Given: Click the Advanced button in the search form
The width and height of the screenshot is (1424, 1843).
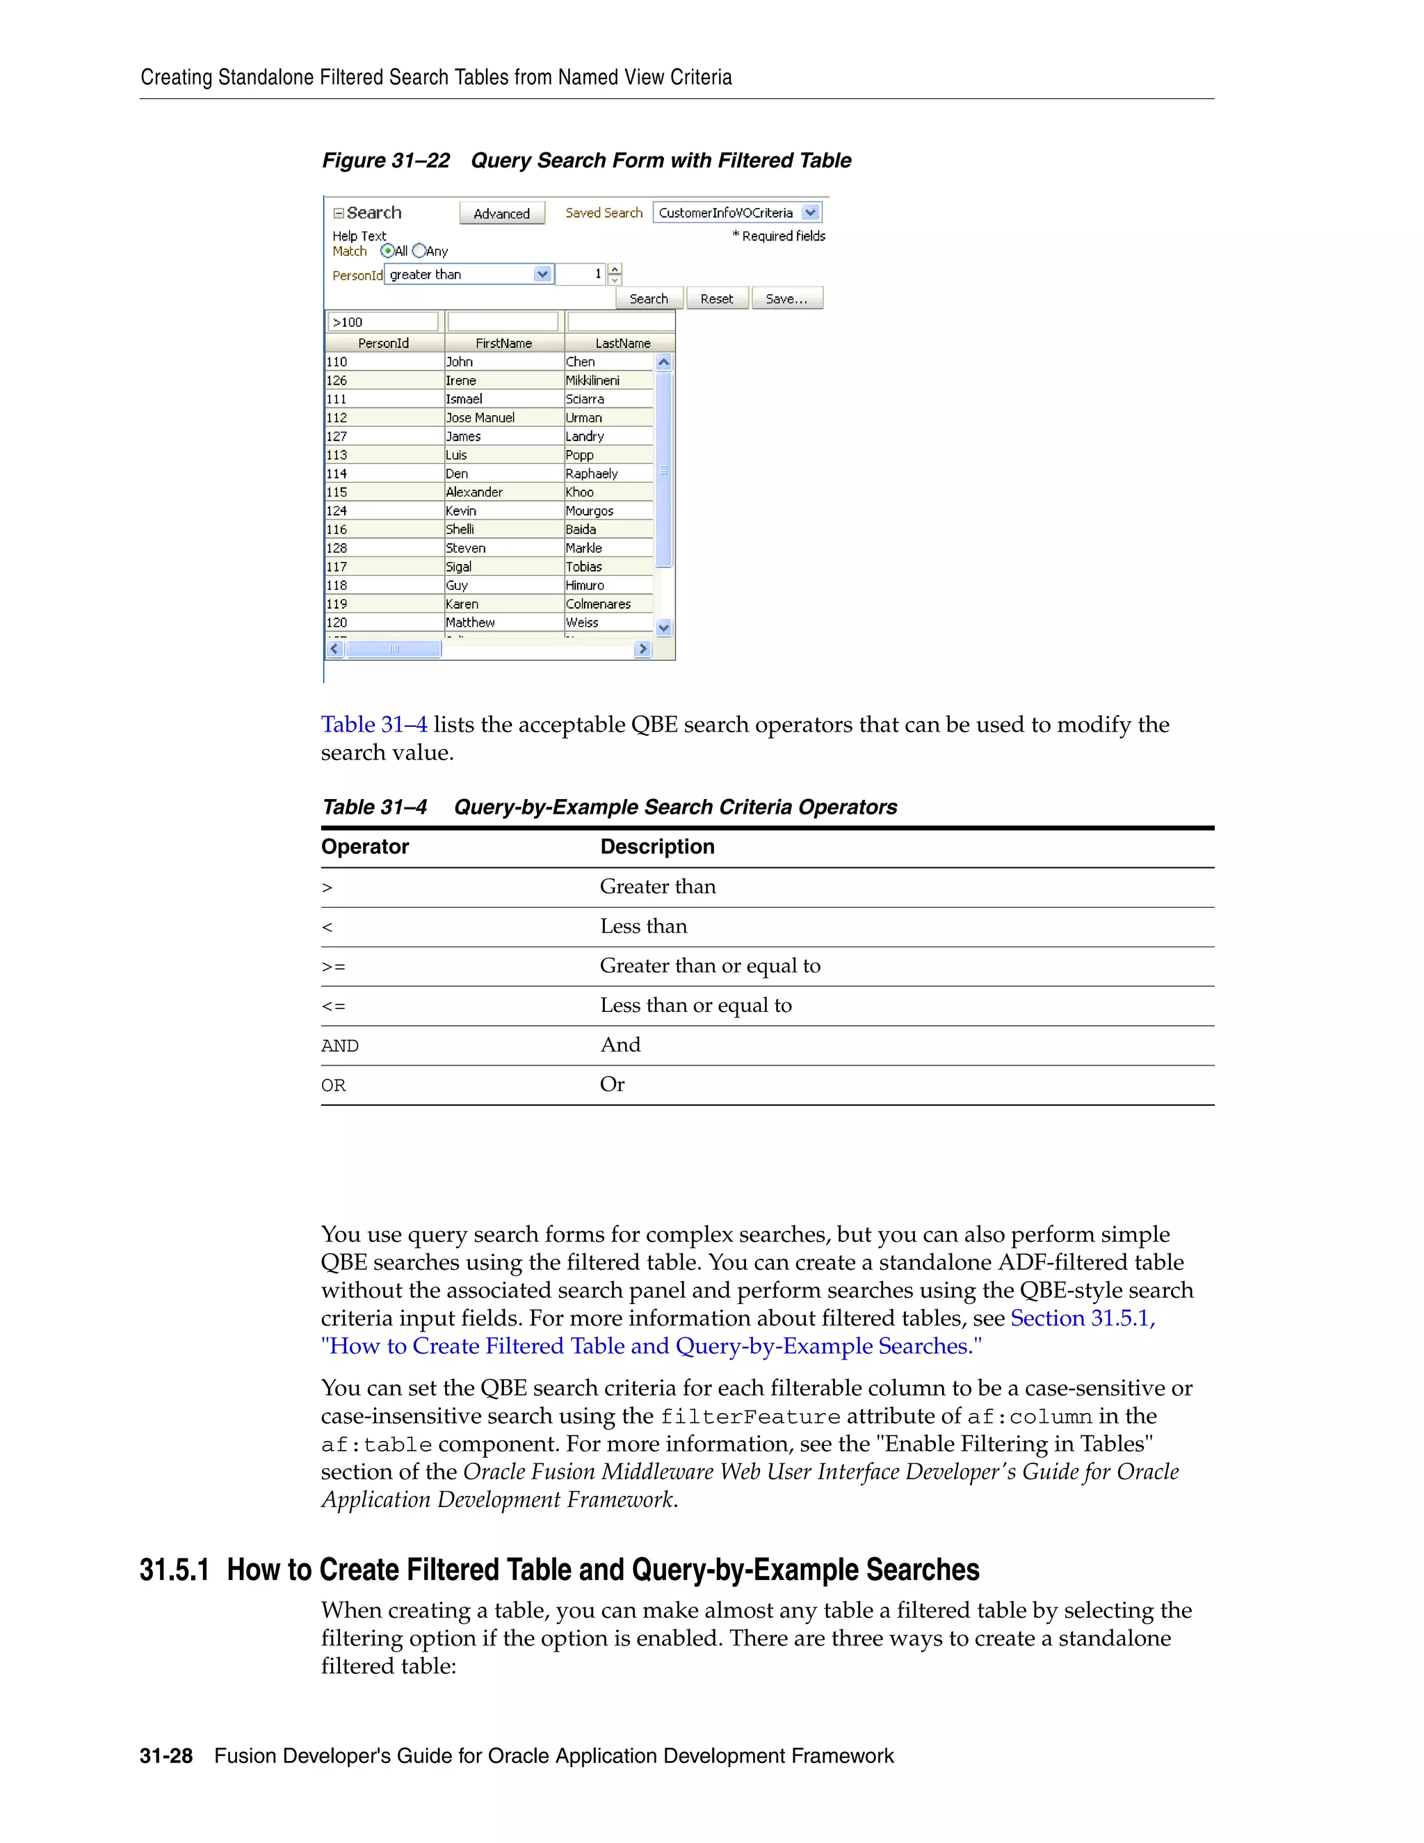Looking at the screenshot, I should (502, 214).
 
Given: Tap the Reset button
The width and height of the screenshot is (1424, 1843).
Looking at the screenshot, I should (716, 299).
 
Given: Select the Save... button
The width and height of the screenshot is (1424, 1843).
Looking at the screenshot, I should (786, 299).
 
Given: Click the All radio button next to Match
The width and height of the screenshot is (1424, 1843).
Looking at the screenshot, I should (387, 250).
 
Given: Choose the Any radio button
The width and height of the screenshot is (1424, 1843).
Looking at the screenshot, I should (419, 250).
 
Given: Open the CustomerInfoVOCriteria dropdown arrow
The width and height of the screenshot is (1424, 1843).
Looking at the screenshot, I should (810, 213).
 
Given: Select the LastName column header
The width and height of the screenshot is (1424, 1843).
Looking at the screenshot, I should (622, 344).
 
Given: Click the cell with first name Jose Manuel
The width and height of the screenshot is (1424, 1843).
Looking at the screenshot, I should (480, 418).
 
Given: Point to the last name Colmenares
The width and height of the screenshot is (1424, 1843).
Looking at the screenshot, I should (598, 604).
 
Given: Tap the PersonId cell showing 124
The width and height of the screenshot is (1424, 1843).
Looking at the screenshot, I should (337, 510).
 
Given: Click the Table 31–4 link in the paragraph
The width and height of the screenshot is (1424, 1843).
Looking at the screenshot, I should (373, 725).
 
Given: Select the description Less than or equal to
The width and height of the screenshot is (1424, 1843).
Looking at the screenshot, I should (695, 1006).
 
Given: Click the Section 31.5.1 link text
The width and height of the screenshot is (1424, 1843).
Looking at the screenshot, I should (1083, 1319).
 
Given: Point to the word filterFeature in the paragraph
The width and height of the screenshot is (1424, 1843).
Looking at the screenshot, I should (750, 1417).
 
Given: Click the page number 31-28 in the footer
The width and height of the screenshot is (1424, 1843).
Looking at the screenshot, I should (166, 1756).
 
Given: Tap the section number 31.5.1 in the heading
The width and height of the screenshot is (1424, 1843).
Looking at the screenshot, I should (174, 1570).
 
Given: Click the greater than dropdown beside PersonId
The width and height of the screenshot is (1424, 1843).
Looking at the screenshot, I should (468, 274).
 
